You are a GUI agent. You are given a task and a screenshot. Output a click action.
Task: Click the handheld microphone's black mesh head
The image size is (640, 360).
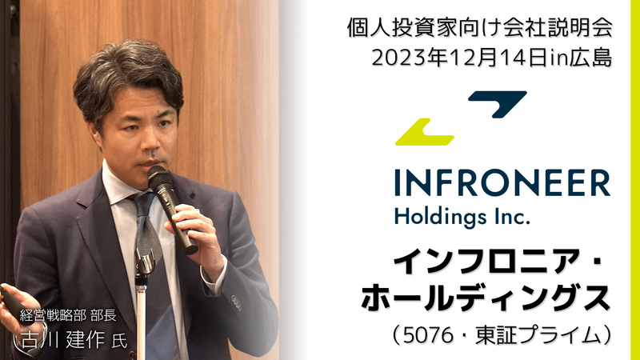[158, 177]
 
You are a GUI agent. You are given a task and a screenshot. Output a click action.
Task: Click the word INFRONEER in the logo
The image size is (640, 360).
[502, 184]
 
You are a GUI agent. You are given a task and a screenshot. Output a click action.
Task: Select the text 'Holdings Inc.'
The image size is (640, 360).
[462, 217]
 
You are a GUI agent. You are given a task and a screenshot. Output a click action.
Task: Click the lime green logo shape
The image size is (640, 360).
[425, 133]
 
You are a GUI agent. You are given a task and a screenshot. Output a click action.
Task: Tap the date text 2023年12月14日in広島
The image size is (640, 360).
[492, 58]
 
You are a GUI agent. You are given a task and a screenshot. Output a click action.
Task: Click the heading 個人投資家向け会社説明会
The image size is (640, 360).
[479, 28]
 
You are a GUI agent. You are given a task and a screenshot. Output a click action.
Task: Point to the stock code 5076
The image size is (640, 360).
[428, 336]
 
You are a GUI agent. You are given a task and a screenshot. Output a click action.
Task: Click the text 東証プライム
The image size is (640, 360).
[538, 336]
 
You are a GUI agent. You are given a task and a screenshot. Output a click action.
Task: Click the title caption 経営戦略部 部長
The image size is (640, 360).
[68, 315]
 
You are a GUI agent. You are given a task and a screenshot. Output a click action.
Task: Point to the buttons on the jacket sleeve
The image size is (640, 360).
[236, 303]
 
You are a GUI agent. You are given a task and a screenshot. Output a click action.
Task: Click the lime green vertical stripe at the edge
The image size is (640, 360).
[635, 180]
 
